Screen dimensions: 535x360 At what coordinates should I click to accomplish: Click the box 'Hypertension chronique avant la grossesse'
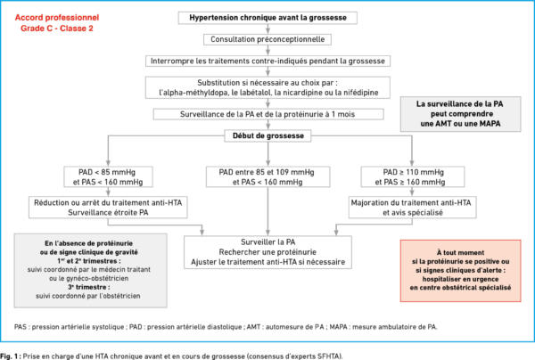267,18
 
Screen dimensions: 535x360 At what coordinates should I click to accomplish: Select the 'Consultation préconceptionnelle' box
267,39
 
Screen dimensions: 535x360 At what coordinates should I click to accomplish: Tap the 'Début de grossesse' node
267,135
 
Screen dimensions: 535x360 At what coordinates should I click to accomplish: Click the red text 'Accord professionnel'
57,18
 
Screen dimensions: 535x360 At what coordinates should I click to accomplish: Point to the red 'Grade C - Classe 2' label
57,29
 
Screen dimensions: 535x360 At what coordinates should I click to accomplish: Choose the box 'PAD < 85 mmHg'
108,177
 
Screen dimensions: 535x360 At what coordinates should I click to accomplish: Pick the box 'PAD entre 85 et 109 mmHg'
267,177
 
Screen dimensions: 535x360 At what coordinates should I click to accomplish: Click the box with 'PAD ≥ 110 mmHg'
413,177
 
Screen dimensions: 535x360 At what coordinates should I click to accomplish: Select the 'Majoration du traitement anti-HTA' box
412,208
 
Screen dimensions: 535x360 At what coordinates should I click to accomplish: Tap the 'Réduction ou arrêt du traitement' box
108,208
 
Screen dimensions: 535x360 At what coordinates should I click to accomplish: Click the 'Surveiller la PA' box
267,252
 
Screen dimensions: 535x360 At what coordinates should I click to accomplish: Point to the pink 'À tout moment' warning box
461,271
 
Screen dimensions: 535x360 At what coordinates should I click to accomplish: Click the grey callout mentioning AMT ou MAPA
461,114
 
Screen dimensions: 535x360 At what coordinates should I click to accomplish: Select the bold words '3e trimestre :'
88,287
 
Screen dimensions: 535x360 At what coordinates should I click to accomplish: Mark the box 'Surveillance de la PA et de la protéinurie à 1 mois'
268,114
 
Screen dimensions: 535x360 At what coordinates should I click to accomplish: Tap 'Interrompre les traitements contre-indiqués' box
267,61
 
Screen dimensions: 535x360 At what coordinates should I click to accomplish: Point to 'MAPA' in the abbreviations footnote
339,327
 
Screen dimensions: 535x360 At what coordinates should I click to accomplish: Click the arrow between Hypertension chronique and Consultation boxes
267,29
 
